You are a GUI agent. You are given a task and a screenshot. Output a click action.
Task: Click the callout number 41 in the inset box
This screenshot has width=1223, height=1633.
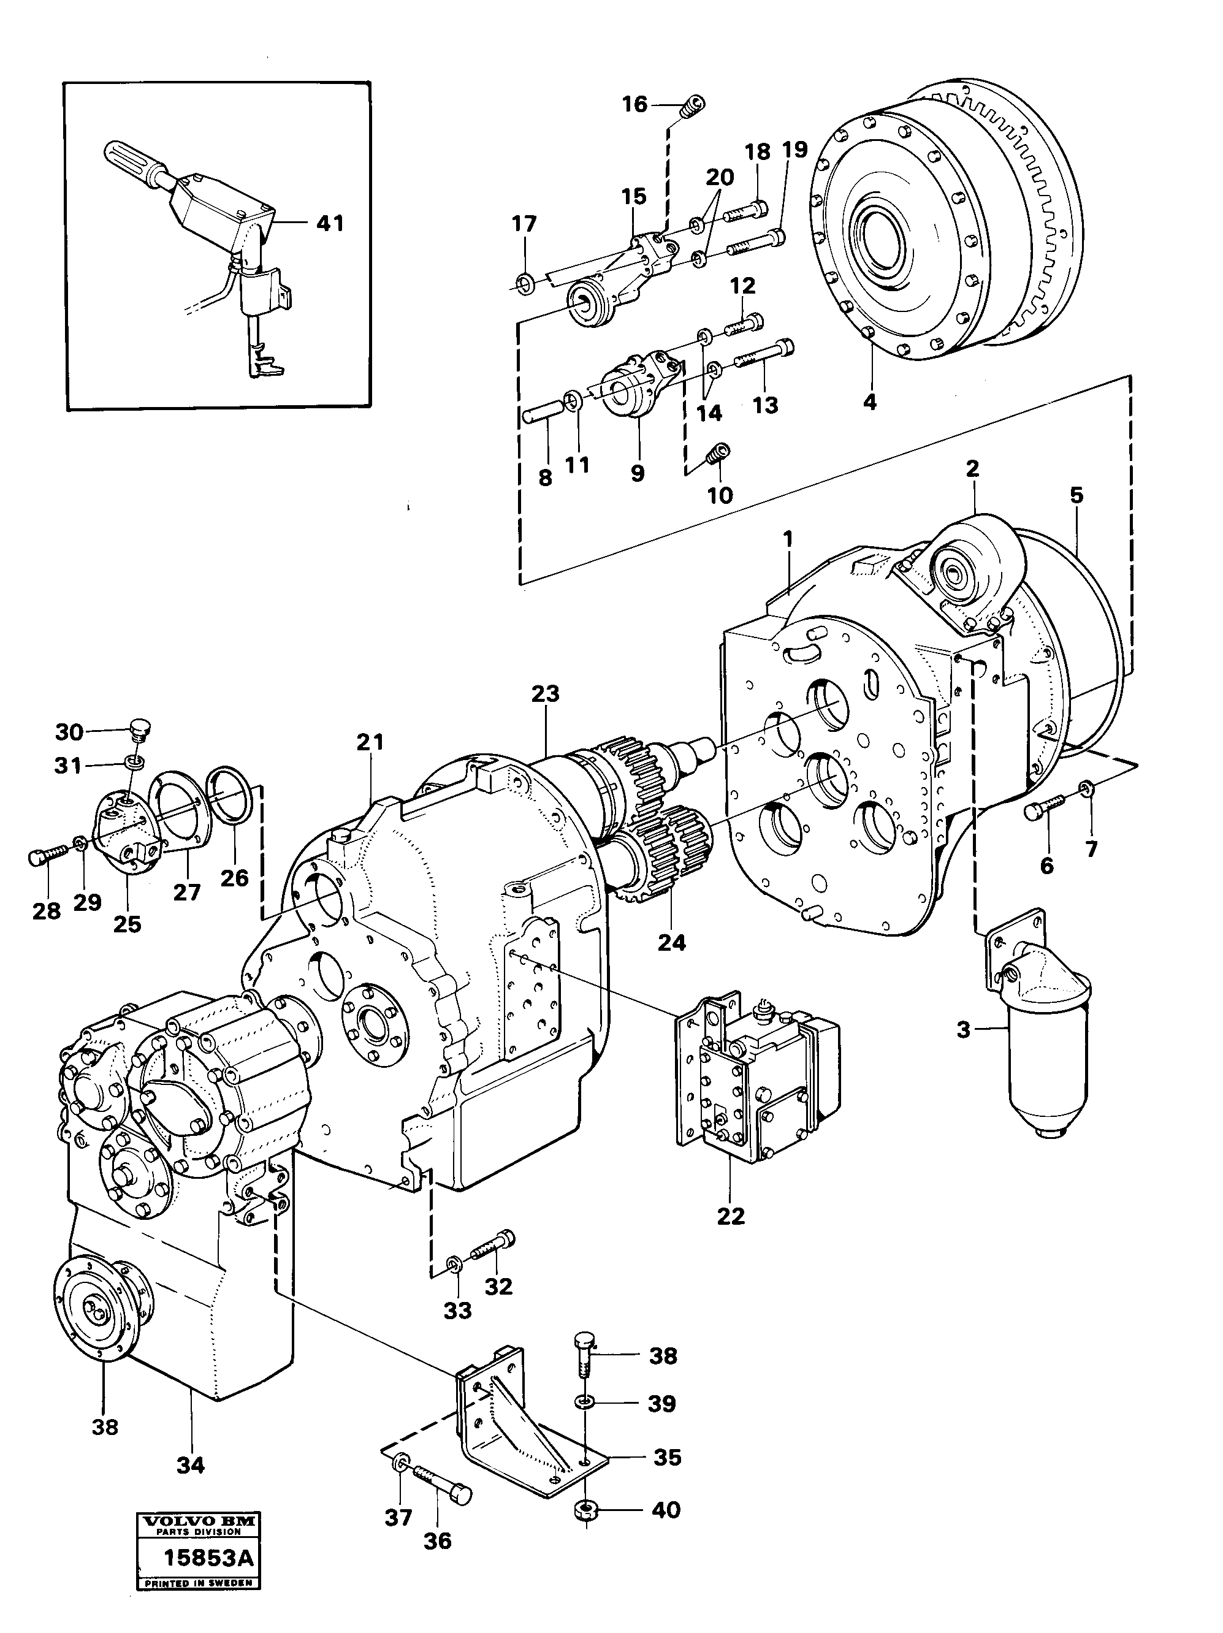[x=330, y=223]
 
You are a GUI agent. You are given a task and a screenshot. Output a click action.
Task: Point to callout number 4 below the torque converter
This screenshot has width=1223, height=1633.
[x=870, y=402]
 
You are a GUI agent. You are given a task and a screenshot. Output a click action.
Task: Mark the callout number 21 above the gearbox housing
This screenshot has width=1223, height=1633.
[x=370, y=741]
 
